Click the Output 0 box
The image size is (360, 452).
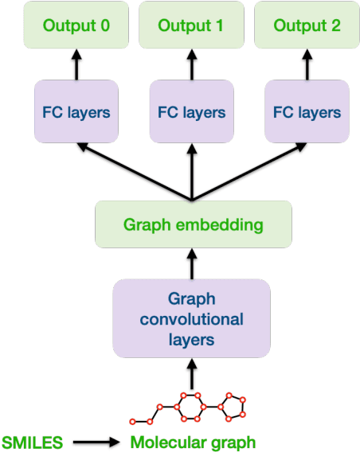click(76, 25)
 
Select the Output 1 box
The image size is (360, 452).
click(191, 25)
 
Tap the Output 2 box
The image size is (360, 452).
click(307, 25)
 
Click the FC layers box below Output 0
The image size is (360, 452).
click(76, 112)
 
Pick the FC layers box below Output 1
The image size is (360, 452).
click(191, 112)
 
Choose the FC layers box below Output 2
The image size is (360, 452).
click(307, 112)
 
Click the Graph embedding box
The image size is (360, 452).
click(193, 224)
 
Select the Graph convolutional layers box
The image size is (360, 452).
click(193, 318)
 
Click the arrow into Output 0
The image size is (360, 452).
click(76, 64)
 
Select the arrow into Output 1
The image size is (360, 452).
click(191, 64)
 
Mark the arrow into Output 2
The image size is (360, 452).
click(307, 64)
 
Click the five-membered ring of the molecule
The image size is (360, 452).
click(234, 407)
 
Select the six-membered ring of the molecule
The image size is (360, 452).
click(191, 407)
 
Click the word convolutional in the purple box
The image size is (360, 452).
click(192, 319)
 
